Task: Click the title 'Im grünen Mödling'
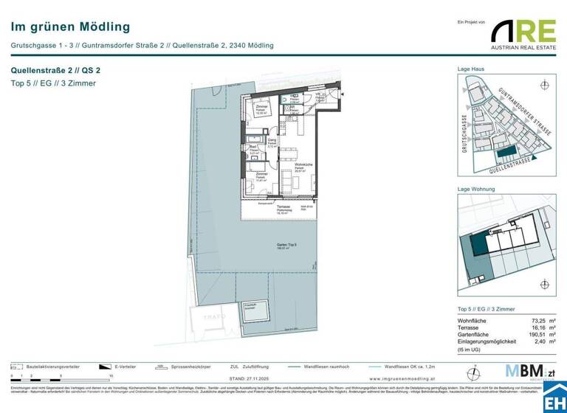tap(70, 27)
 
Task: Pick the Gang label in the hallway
tap(272, 139)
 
